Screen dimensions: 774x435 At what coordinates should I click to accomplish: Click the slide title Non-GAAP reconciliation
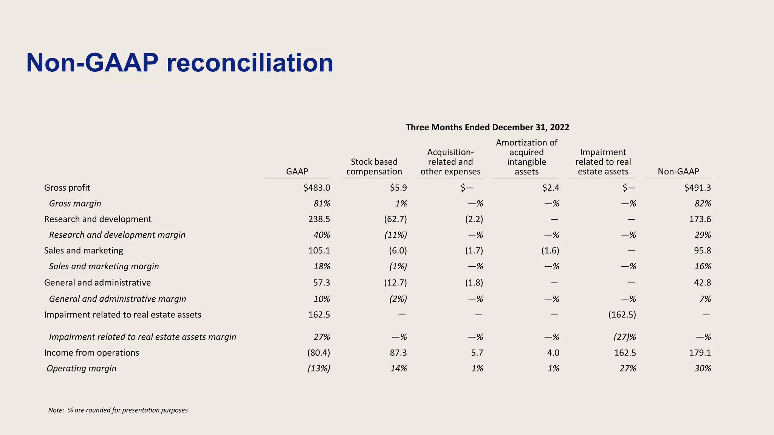180,63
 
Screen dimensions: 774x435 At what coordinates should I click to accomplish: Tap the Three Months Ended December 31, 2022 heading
487,127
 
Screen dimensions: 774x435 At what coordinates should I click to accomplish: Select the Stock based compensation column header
374,167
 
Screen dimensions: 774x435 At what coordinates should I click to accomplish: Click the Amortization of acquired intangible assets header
526,157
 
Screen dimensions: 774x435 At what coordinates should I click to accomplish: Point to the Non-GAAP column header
678,171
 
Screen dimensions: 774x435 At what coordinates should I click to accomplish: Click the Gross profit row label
67,188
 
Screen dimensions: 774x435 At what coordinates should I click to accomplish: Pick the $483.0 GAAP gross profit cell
317,188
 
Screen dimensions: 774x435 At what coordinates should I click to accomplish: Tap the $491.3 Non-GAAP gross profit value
697,188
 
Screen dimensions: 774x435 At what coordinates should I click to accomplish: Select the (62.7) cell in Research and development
395,219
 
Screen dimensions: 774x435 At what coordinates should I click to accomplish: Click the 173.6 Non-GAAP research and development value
700,219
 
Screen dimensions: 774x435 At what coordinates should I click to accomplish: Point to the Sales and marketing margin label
104,266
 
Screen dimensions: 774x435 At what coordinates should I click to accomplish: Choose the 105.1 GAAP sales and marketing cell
319,250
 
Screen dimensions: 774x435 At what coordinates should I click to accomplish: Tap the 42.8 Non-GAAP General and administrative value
702,282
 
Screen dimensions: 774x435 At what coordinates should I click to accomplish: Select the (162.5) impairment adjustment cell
622,315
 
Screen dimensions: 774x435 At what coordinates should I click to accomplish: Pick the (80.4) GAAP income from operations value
319,353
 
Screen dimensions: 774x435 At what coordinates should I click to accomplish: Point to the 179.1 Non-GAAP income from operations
700,353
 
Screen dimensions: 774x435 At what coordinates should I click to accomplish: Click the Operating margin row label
82,368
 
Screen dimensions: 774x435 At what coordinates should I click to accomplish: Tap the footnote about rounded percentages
118,410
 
